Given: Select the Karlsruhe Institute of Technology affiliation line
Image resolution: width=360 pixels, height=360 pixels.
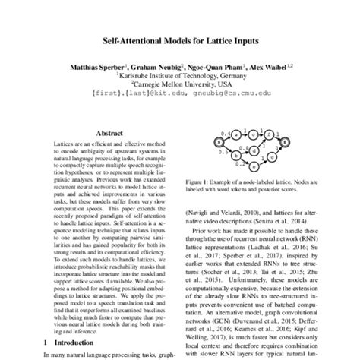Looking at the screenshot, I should pyautogui.click(x=180, y=76).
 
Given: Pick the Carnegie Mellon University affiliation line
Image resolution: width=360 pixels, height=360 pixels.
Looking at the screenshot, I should pyautogui.click(x=180, y=85).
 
